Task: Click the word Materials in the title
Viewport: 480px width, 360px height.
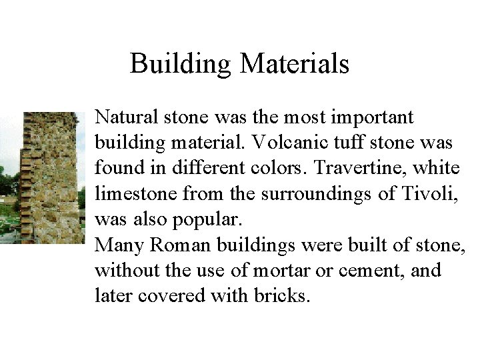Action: tap(294, 64)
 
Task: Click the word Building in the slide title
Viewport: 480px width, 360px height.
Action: tap(181, 64)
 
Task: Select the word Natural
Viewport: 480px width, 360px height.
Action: tap(124, 117)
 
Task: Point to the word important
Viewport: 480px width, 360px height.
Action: tap(377, 117)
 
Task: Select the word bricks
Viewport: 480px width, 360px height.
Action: tap(283, 296)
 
